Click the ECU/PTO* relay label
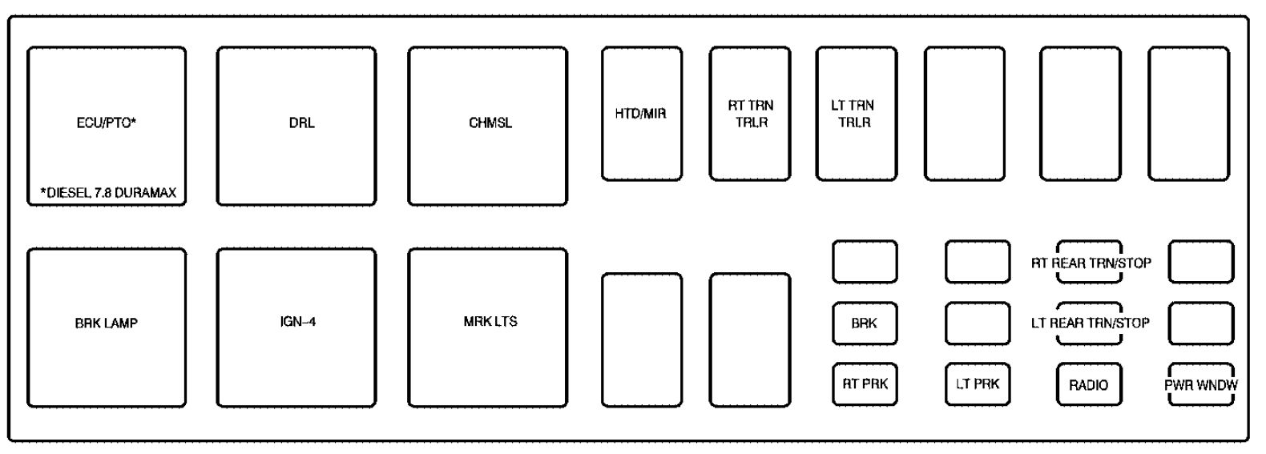point(107,123)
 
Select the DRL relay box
point(296,126)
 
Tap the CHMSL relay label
point(490,123)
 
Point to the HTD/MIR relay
point(642,114)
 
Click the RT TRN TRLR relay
point(750,114)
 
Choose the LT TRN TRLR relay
point(857,114)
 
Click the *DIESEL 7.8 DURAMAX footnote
point(108,192)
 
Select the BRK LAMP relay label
point(107,323)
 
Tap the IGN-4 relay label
point(298,321)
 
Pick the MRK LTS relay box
point(488,327)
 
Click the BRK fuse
point(865,323)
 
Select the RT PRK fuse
point(865,384)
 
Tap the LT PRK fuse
point(978,384)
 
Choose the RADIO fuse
point(1089,384)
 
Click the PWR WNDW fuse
point(1201,384)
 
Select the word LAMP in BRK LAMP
point(121,323)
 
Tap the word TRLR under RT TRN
point(752,122)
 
